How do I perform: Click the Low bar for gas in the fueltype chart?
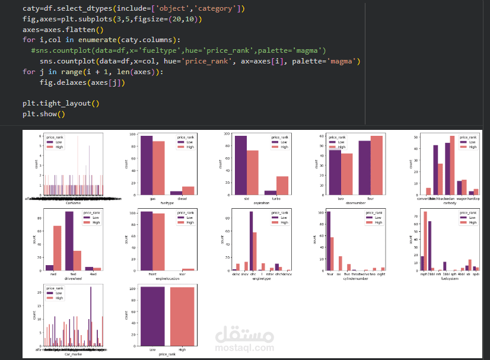click(x=146, y=166)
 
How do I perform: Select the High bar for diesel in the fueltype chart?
click(x=188, y=191)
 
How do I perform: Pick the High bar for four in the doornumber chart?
click(x=377, y=166)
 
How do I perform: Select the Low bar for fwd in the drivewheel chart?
click(x=69, y=241)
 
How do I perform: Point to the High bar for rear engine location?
click(x=188, y=270)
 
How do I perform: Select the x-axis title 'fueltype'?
click(x=167, y=203)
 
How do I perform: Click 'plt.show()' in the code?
click(x=44, y=114)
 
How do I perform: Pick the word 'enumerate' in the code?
click(x=85, y=40)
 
